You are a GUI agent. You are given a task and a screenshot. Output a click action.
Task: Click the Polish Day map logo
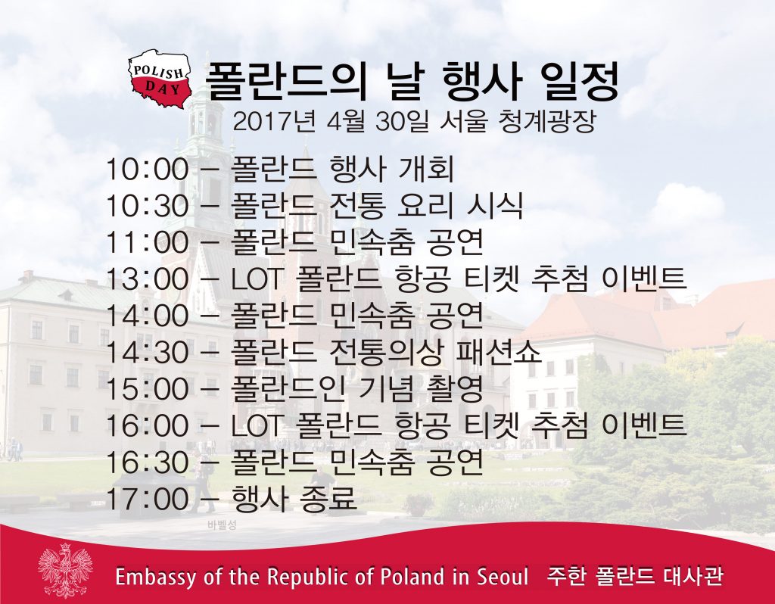(x=160, y=79)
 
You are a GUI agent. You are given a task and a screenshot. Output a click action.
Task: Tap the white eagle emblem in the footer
(x=65, y=571)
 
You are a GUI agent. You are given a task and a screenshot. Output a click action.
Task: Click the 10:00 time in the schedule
(x=148, y=169)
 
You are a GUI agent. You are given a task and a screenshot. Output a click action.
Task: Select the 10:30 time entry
(x=148, y=206)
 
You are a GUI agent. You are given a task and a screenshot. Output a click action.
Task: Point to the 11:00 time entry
(x=148, y=242)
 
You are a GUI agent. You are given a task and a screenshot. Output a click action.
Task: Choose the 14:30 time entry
(x=148, y=353)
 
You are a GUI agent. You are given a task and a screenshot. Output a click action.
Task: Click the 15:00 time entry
(x=148, y=389)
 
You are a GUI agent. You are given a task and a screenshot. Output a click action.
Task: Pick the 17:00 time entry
(x=148, y=499)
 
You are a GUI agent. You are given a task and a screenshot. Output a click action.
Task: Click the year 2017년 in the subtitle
(x=273, y=121)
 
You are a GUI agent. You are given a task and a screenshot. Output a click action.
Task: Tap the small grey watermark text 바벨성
(x=223, y=525)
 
